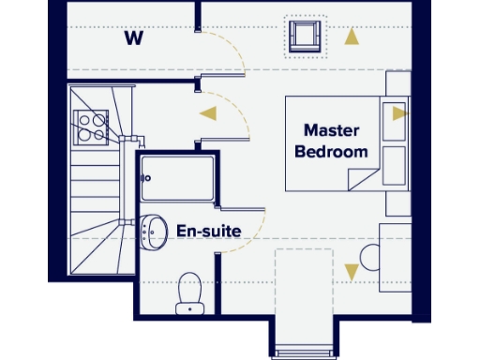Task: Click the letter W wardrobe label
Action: click(x=134, y=39)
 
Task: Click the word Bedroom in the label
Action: click(x=332, y=151)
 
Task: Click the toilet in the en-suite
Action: click(x=190, y=292)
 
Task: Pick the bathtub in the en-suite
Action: click(x=178, y=179)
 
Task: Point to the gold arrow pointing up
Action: click(x=352, y=38)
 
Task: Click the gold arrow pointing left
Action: click(x=207, y=113)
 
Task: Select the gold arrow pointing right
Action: click(x=400, y=112)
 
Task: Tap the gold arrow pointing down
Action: click(x=352, y=272)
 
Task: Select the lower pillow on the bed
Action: click(x=395, y=164)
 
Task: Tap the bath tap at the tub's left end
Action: click(x=145, y=176)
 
